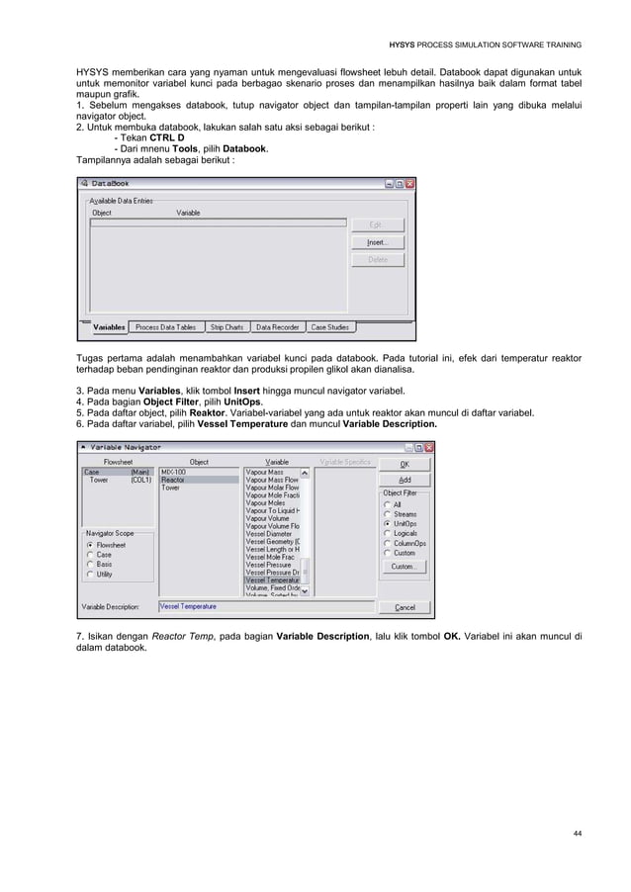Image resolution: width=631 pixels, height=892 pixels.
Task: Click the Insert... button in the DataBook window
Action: pyautogui.click(x=377, y=242)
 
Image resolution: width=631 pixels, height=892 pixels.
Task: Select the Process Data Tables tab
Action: pyautogui.click(x=166, y=327)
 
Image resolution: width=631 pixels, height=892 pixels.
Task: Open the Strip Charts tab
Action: pyautogui.click(x=226, y=327)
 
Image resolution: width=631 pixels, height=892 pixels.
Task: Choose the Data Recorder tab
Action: pyautogui.click(x=277, y=327)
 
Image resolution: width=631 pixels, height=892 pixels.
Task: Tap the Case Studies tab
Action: pyautogui.click(x=331, y=327)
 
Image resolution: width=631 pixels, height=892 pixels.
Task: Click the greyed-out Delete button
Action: pyautogui.click(x=377, y=260)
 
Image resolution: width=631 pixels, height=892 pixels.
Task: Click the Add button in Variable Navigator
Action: pyautogui.click(x=406, y=480)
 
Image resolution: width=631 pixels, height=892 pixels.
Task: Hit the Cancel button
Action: pyautogui.click(x=406, y=607)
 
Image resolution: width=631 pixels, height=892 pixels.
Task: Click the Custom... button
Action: pyautogui.click(x=404, y=567)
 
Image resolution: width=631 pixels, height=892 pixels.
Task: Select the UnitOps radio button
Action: pyautogui.click(x=388, y=523)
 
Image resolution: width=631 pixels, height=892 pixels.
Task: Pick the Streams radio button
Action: pyautogui.click(x=388, y=513)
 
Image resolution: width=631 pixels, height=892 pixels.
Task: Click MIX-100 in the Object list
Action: pyautogui.click(x=173, y=472)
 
